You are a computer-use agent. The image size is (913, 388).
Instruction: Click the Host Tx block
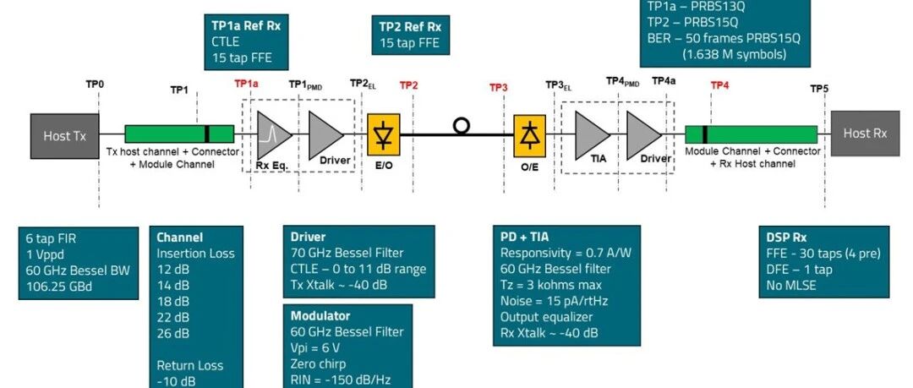tap(64, 136)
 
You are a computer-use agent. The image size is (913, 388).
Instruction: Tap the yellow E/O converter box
tap(383, 135)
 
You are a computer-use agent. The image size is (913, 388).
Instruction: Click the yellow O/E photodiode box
tap(529, 136)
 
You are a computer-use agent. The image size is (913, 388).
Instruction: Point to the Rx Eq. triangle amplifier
tap(273, 135)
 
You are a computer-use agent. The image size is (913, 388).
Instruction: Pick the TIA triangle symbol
tap(592, 135)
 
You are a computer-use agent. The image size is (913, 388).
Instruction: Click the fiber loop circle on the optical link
tap(462, 126)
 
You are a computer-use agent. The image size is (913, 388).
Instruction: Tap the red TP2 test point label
tap(409, 85)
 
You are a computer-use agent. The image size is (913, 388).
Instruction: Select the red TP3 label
tap(499, 87)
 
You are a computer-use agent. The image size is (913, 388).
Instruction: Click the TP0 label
tap(95, 85)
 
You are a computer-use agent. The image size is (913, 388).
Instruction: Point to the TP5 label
tap(819, 89)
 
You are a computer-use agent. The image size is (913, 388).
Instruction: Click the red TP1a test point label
tap(246, 84)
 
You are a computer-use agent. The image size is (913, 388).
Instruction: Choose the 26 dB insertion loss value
tap(173, 333)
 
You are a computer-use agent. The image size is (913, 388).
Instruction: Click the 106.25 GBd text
tap(59, 287)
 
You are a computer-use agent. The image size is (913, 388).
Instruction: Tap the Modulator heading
tap(320, 316)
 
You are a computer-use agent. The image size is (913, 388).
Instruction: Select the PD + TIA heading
tap(525, 237)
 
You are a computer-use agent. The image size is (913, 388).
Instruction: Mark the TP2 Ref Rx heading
tap(410, 27)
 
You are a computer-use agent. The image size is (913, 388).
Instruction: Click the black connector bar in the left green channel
tap(207, 134)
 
